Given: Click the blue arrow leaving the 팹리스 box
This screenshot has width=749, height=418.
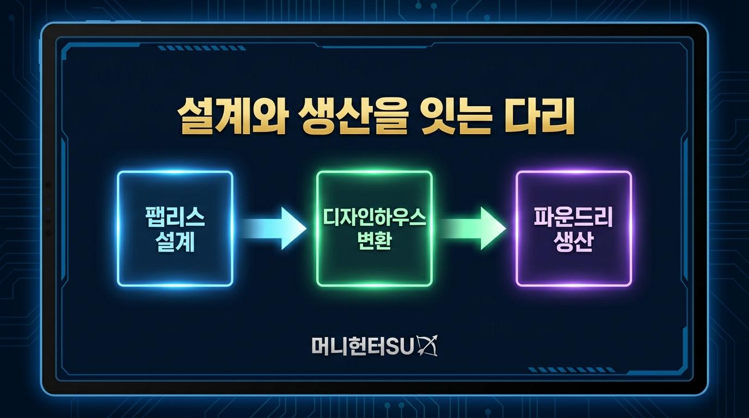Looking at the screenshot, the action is tap(273, 229).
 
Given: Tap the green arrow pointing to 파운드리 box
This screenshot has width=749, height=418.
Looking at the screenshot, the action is tap(472, 229).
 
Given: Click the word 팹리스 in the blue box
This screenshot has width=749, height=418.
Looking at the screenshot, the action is tap(175, 217).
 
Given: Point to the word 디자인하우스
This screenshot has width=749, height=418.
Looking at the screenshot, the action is tap(374, 217).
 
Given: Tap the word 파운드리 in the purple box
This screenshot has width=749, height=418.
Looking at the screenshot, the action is tap(574, 217).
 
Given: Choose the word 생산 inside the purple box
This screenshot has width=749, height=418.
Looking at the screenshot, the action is tap(574, 242).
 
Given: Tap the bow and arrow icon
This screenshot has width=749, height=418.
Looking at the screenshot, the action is tap(427, 346).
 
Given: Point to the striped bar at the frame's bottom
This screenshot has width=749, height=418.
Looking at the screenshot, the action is tap(571, 370).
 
